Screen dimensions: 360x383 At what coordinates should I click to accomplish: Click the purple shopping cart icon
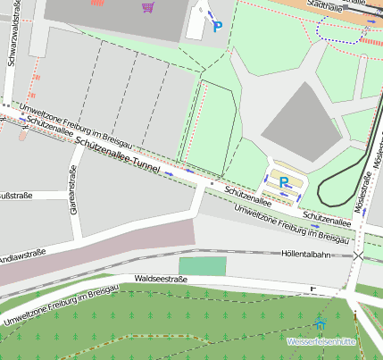146,7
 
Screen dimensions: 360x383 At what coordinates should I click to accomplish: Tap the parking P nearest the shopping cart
217,27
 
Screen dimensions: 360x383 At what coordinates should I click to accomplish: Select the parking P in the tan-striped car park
283,181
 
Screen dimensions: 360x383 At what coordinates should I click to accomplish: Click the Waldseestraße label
164,279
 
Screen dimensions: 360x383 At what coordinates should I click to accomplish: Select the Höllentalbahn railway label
305,254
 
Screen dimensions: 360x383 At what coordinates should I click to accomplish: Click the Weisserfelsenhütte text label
321,341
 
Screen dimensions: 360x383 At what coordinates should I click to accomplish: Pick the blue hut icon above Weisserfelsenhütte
321,322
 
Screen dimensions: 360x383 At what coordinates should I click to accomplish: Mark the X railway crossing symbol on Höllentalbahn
358,255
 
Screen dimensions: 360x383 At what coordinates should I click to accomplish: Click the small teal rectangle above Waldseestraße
203,265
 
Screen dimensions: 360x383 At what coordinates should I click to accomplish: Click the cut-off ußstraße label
17,196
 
